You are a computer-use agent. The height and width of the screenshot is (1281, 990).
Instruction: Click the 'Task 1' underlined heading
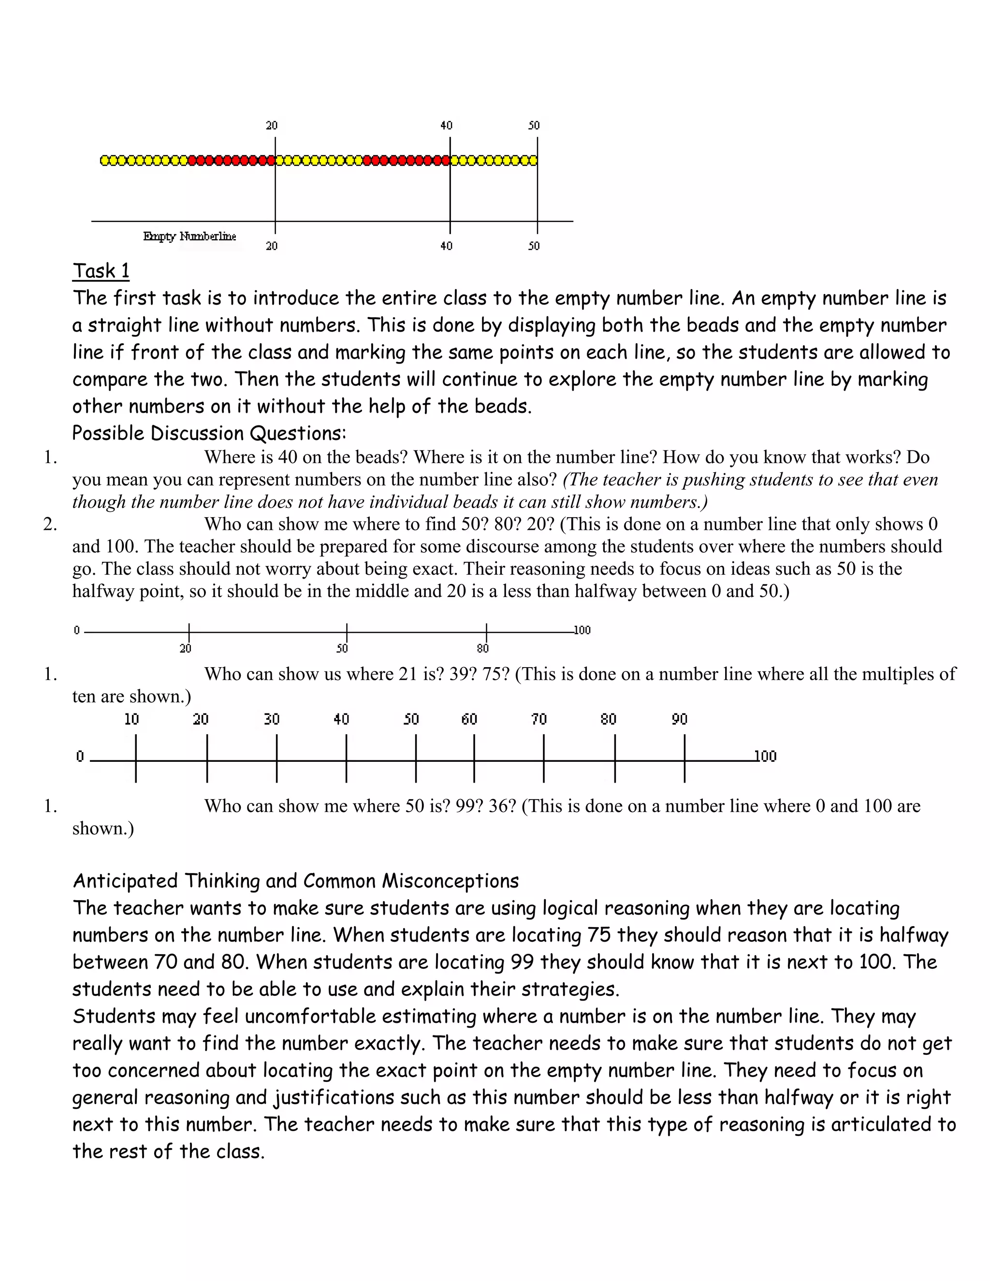point(101,271)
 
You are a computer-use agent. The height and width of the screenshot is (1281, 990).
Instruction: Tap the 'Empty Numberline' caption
point(189,236)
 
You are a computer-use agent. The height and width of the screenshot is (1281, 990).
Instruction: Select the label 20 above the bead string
point(272,126)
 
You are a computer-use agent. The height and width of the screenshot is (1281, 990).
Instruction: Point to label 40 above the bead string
point(446,126)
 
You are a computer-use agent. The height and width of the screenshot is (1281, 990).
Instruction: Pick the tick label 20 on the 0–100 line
point(185,648)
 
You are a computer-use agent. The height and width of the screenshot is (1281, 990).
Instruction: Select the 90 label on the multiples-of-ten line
point(679,719)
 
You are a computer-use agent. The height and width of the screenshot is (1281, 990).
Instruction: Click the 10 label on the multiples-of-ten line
point(131,719)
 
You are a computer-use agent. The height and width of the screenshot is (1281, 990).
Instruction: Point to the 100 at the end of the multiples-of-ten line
point(765,757)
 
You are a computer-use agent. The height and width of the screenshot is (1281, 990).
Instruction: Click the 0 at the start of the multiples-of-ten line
point(80,757)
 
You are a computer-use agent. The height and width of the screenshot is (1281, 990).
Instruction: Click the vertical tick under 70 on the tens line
point(544,759)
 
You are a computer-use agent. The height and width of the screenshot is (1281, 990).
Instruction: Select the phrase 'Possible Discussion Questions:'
point(209,434)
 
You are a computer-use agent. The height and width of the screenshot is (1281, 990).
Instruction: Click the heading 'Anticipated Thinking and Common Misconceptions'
point(295,881)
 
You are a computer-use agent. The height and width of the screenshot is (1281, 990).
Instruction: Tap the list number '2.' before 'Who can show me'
point(50,524)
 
